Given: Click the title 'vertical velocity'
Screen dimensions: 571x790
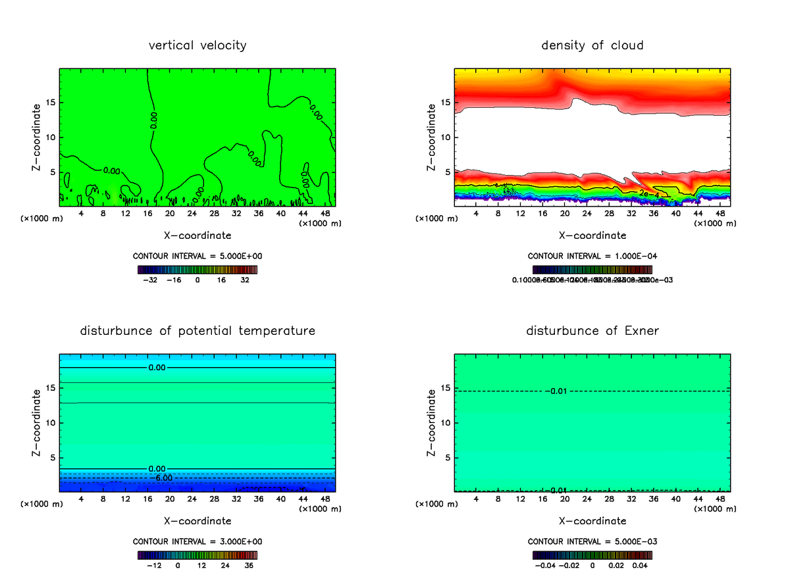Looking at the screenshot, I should pos(197,45).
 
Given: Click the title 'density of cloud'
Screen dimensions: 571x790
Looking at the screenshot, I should pos(592,45).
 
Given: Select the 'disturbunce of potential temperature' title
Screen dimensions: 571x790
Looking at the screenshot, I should pos(197,330).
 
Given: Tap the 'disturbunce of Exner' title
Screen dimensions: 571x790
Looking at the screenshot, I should pos(592,330).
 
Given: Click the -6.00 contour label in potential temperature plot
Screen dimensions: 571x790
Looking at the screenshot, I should pos(162,478).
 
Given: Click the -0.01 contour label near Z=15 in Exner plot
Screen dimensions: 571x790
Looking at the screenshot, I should pos(558,391).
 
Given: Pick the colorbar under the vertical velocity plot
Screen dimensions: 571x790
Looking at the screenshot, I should pos(197,270).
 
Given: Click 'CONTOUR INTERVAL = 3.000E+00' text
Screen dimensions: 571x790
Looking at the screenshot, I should pos(197,541).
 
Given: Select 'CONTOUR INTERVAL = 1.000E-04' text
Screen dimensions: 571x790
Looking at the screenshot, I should pos(592,257).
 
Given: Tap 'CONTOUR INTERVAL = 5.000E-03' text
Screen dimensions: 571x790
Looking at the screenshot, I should pos(592,541).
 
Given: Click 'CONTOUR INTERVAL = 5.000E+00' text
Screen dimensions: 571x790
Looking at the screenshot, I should pos(197,257).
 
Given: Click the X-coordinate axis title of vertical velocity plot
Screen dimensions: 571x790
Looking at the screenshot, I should pos(197,235).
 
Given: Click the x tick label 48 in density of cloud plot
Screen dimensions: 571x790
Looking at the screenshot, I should pos(720,214).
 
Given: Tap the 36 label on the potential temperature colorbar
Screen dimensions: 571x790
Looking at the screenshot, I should pos(249,564).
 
